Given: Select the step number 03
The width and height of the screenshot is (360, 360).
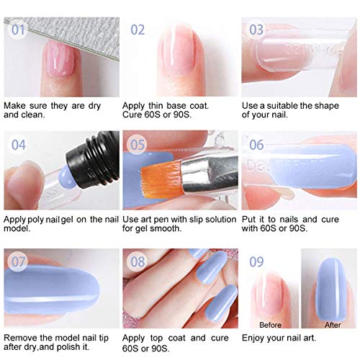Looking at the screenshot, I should click(x=256, y=30).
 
